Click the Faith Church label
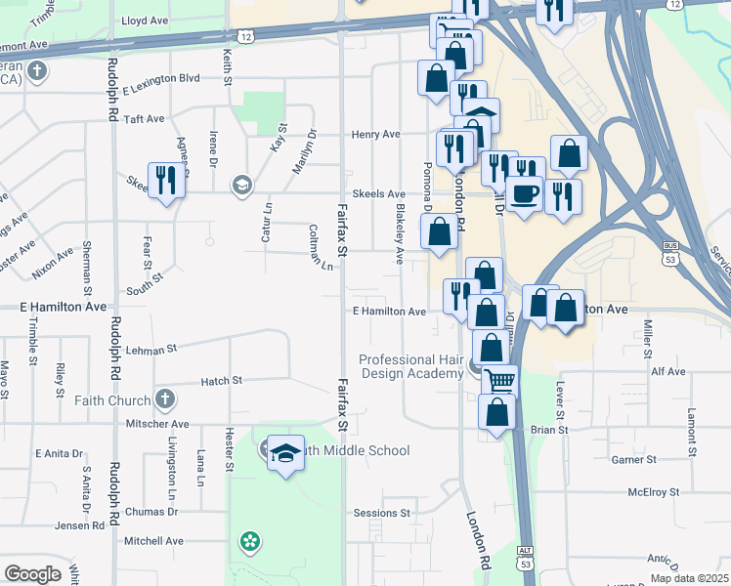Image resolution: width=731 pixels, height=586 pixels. click(x=112, y=399)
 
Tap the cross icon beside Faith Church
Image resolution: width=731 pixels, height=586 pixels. click(x=165, y=399)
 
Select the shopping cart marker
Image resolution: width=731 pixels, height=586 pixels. click(x=499, y=380)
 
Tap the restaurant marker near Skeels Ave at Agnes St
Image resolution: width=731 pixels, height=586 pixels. click(x=166, y=180)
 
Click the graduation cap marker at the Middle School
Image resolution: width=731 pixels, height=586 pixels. click(x=284, y=453)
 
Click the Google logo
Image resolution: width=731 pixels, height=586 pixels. click(x=32, y=574)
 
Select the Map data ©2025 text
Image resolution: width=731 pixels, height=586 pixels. click(x=690, y=578)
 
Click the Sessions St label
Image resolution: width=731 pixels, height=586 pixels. click(x=382, y=513)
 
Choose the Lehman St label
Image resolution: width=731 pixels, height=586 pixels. click(x=150, y=348)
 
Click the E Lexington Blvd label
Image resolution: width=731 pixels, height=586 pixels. click(x=161, y=77)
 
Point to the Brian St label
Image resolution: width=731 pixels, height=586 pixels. click(x=550, y=429)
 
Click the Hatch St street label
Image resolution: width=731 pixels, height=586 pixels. click(x=222, y=381)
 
